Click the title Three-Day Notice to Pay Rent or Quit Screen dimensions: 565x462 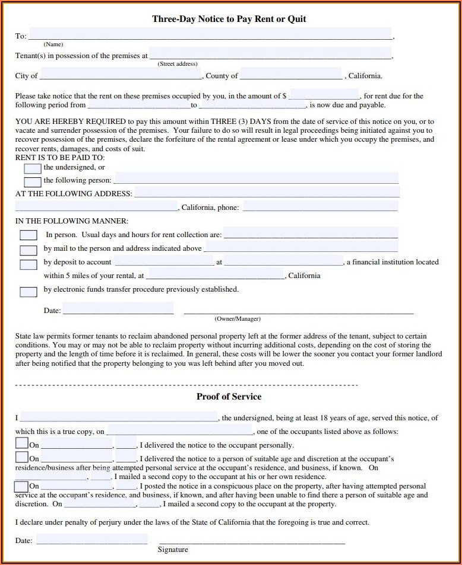tap(229, 19)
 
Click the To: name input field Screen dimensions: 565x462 tap(210, 34)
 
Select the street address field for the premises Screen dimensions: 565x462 tap(270, 54)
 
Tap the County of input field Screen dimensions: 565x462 tap(291, 74)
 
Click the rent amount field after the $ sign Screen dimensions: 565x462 tap(324, 94)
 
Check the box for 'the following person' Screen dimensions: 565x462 tap(33, 182)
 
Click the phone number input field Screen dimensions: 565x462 tap(320, 206)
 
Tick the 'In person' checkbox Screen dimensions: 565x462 tap(29, 235)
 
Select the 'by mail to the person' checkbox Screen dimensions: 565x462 tap(29, 250)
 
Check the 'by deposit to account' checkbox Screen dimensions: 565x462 tap(29, 264)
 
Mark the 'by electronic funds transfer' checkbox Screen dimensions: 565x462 tap(29, 291)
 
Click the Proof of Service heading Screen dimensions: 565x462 tap(229, 397)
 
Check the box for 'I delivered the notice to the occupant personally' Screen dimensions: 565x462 tap(22, 443)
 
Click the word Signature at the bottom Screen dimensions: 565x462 tap(173, 550)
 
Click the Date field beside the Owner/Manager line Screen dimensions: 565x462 tap(118, 308)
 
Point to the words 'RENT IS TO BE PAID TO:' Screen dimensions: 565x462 tap(60, 158)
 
